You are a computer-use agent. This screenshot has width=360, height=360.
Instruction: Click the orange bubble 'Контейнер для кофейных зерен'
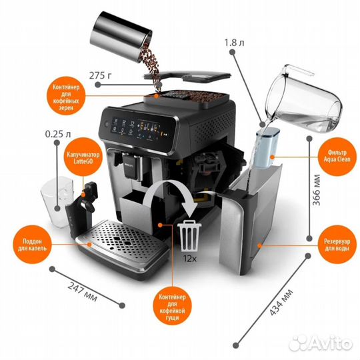[x=66, y=96]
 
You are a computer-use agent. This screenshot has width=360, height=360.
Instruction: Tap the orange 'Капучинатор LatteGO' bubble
[x=83, y=157]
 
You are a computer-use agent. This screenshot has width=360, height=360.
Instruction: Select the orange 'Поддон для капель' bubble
[x=32, y=245]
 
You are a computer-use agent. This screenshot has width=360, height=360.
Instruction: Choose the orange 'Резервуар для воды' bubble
[x=337, y=245]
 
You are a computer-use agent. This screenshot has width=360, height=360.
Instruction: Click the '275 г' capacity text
[x=100, y=75]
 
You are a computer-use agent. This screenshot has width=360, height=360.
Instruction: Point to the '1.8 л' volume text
[x=234, y=43]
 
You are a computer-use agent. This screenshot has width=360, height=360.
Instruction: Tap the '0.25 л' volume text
[x=58, y=134]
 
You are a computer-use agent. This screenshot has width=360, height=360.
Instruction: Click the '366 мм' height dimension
[x=317, y=189]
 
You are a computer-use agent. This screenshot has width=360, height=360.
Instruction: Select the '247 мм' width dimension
[x=83, y=291]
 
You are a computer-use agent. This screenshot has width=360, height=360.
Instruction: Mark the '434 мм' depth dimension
[x=281, y=303]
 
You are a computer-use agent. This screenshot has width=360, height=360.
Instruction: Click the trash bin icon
[x=189, y=235]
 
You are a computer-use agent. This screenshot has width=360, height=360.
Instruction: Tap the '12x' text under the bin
[x=190, y=259]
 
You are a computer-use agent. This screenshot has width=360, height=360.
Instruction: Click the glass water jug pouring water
[x=303, y=99]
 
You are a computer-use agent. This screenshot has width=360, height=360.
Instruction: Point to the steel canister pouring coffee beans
[x=121, y=36]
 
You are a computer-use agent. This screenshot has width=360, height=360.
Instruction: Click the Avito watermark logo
[x=321, y=343]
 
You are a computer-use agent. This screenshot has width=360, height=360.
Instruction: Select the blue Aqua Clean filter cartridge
[x=267, y=147]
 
